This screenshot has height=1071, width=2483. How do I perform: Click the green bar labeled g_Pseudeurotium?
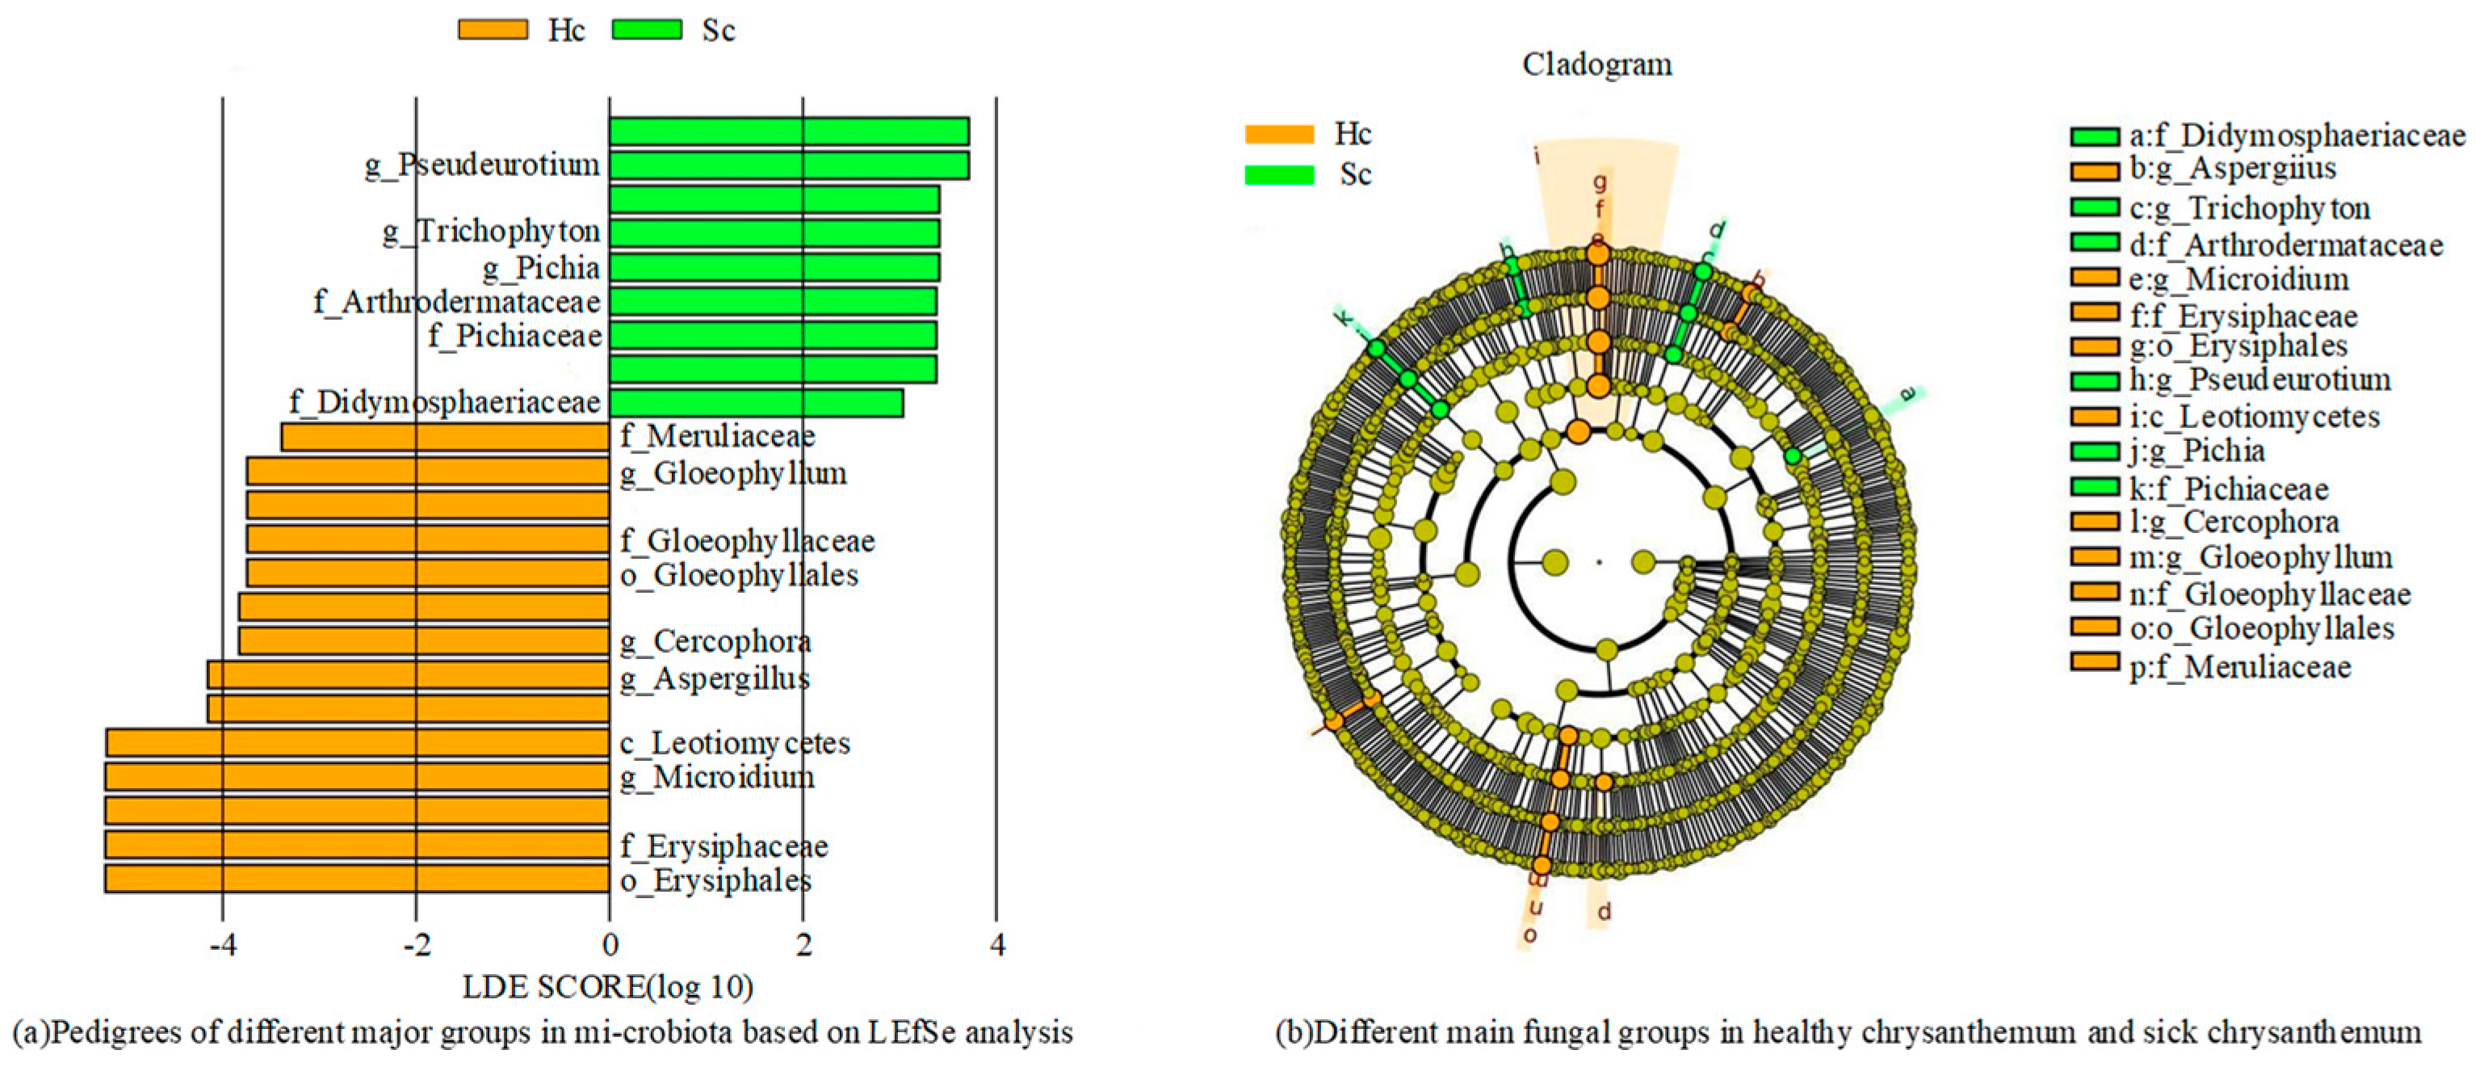tap(788, 166)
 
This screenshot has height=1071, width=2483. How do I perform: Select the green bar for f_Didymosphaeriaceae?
tap(756, 403)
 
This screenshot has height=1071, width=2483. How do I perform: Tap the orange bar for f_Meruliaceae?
tap(445, 438)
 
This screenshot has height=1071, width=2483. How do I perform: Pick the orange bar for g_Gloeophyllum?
tap(428, 472)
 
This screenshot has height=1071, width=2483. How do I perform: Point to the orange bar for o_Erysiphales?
tap(357, 878)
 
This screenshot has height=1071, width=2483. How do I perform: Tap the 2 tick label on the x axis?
tap(803, 945)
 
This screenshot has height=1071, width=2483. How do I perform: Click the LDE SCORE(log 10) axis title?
tap(608, 987)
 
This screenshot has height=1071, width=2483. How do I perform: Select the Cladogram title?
tap(1597, 65)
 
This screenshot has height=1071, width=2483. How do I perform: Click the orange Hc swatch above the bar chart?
tap(493, 30)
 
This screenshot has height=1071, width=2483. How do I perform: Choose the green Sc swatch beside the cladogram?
tap(1279, 174)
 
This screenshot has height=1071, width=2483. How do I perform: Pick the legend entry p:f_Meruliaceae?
tap(2240, 666)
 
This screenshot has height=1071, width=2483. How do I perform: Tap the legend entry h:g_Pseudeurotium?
tap(2259, 379)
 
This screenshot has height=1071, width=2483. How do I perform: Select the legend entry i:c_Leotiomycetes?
tap(2254, 417)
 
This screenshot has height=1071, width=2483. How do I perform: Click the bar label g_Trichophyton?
tap(492, 231)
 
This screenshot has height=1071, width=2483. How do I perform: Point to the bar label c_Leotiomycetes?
tap(736, 743)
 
